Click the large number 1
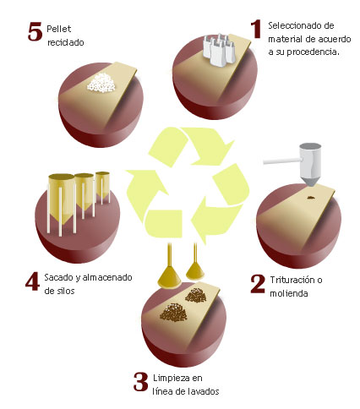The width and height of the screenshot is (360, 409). pyautogui.click(x=256, y=30)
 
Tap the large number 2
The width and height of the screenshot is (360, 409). pyautogui.click(x=258, y=284)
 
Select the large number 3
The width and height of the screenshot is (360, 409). pyautogui.click(x=140, y=382)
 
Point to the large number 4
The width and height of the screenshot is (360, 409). pyautogui.click(x=33, y=281)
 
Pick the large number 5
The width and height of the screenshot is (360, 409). pyautogui.click(x=35, y=31)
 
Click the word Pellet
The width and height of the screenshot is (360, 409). pyautogui.click(x=59, y=29)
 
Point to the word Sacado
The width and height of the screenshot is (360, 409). pyautogui.click(x=59, y=277)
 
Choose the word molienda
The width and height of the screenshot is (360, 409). pyautogui.click(x=289, y=293)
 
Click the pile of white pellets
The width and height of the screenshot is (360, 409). pyautogui.click(x=101, y=83)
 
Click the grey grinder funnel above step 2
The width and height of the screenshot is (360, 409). pyautogui.click(x=310, y=165)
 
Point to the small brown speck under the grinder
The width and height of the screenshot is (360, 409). pyautogui.click(x=311, y=198)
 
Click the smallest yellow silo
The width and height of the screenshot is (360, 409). pyautogui.click(x=102, y=185)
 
